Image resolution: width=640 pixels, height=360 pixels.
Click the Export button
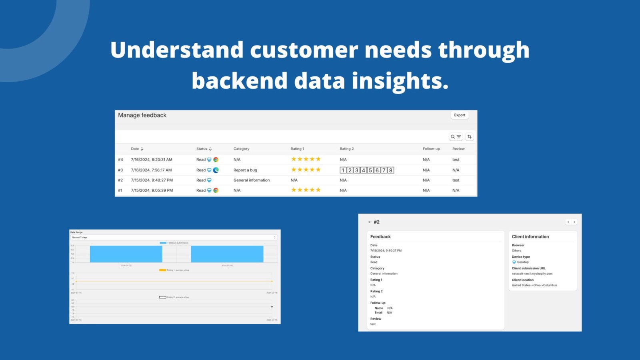coord(460,115)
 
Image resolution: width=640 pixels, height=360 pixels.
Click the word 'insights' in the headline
coord(400,81)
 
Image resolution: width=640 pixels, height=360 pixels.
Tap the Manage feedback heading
coord(142,115)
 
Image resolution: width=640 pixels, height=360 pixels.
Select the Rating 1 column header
coord(297,149)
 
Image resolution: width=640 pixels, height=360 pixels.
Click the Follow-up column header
coord(431,149)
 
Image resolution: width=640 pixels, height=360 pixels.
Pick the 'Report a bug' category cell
coord(245,170)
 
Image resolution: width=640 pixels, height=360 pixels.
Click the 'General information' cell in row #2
coord(252,180)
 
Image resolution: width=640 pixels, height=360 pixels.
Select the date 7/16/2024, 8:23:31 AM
coord(152,160)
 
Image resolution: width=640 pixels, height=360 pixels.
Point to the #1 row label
coord(120,190)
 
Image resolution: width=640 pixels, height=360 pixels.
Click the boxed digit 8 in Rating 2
coord(391,170)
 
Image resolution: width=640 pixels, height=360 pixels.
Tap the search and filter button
coord(456,137)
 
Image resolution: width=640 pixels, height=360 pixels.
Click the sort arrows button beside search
coord(470,137)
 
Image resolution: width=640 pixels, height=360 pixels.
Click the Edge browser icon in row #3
coord(216,170)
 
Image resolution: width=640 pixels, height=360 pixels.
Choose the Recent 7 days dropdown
coord(174,237)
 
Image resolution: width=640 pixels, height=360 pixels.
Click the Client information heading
coord(530,237)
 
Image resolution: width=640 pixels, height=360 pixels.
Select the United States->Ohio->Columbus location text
coord(534,285)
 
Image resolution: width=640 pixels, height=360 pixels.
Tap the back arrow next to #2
coord(370,222)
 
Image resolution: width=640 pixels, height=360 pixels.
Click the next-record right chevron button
coord(574,222)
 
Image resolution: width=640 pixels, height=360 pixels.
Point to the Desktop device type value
coord(522,262)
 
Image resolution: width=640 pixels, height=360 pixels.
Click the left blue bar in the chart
coord(126,254)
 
